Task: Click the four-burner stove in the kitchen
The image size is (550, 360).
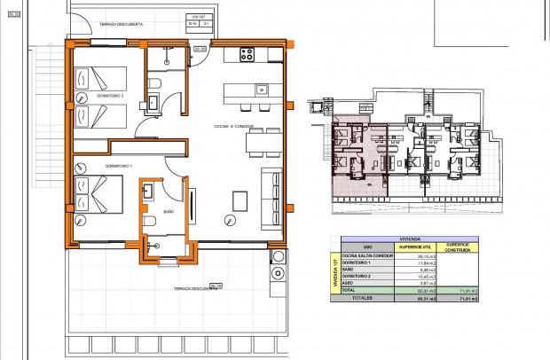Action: (246, 52)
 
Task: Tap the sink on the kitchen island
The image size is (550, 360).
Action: (262, 89)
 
